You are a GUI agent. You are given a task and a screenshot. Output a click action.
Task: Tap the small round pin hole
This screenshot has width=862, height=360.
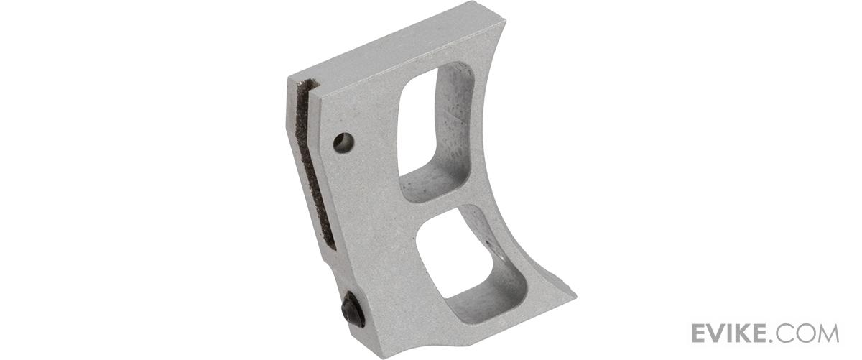(343, 142)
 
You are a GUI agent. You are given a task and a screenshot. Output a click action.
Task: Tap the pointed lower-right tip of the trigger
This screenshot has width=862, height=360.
(575, 297)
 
